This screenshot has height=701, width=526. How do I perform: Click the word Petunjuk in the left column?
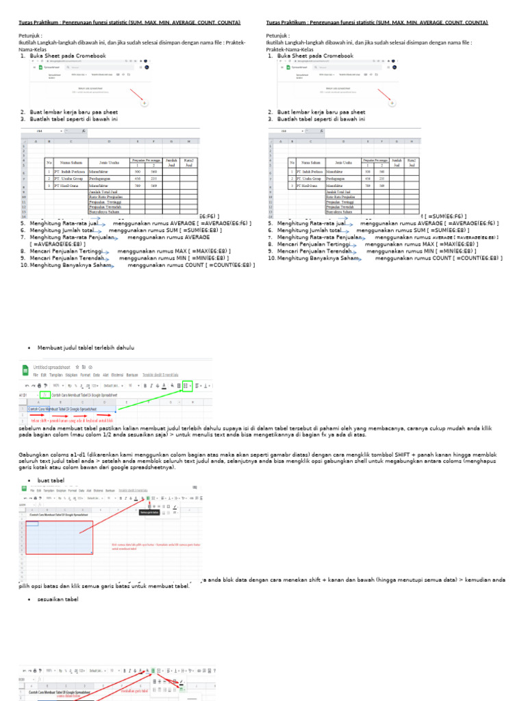click(29, 36)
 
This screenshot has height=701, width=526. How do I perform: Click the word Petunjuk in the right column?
click(277, 36)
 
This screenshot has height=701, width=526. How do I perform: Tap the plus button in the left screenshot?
click(145, 103)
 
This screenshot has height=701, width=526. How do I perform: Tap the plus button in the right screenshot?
click(392, 103)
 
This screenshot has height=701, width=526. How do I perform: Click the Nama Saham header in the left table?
click(71, 162)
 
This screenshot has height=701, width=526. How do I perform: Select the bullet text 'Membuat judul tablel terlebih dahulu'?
click(86, 348)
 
